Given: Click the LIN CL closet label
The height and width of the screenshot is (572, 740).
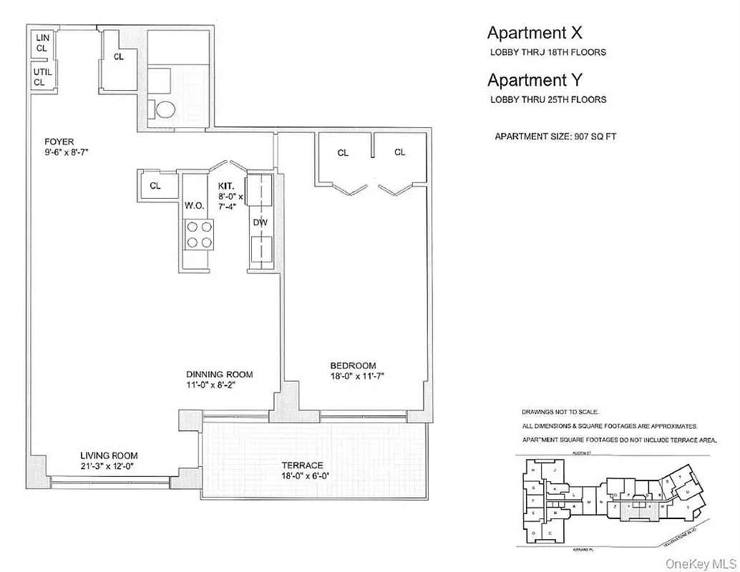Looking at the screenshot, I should point(42,42).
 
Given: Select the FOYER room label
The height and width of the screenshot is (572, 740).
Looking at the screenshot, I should point(59,142).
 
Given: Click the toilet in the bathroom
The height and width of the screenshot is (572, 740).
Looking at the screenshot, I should point(165,110).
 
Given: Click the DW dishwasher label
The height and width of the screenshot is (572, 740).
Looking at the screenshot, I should point(260,222).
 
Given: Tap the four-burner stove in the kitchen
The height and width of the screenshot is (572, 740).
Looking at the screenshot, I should point(200,234).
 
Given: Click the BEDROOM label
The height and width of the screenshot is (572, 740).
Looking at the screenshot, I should point(352,365).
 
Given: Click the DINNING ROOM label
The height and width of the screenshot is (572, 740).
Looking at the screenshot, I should point(219,374).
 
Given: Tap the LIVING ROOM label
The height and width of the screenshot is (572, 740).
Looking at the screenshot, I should point(109,455).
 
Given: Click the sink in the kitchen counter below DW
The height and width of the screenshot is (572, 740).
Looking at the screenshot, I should point(259,252).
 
